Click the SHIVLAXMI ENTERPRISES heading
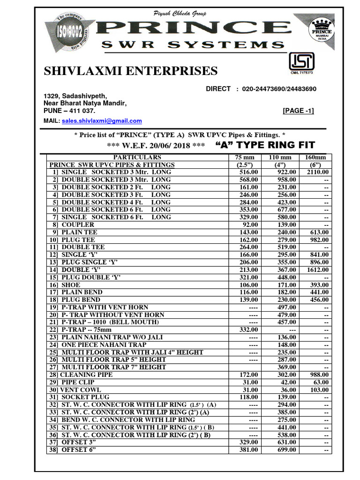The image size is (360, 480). coord(130,71)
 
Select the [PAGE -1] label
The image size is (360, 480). coord(298,111)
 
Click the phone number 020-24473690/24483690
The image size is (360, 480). coord(279,89)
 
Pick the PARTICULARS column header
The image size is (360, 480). coord(137,157)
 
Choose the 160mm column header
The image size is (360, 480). coord(315,157)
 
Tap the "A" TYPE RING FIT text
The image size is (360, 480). coord(265,145)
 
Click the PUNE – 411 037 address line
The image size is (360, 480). coord(69,111)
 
